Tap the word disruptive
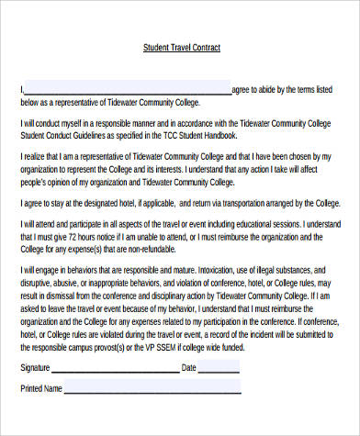[38, 284]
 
